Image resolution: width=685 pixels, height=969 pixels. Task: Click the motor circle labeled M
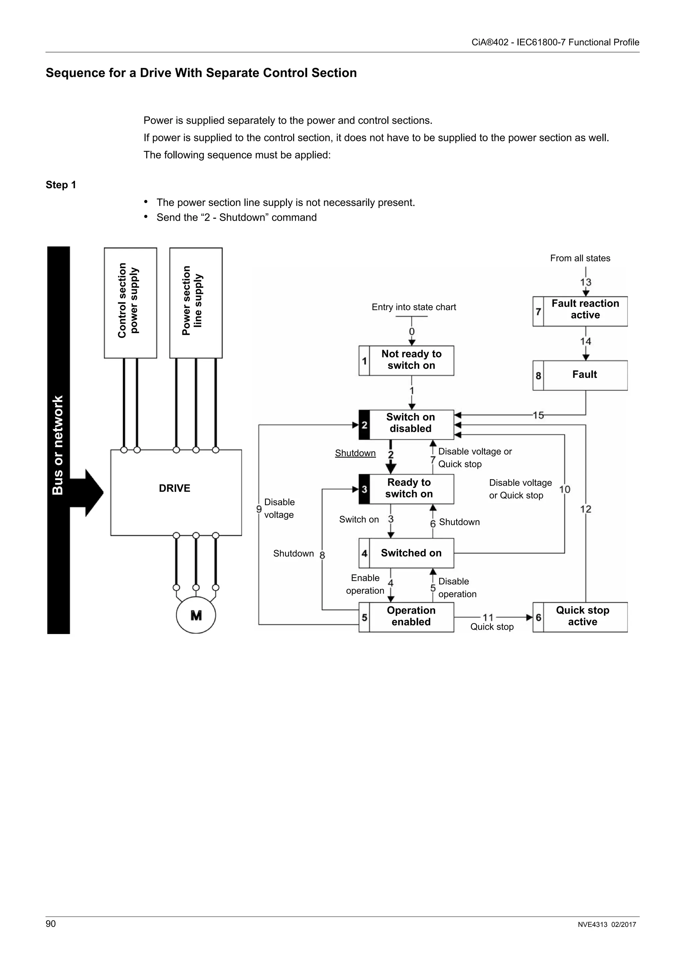point(196,615)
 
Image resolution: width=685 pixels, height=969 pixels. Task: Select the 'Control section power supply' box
point(130,303)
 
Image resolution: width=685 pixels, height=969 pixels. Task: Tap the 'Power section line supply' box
point(196,303)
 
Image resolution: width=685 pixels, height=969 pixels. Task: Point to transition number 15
point(538,415)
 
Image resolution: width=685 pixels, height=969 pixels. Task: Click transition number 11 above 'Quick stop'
point(488,618)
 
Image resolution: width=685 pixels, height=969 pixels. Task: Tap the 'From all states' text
point(580,258)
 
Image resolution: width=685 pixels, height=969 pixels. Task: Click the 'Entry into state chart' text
point(414,307)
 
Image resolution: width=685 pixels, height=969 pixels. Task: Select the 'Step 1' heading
point(61,185)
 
